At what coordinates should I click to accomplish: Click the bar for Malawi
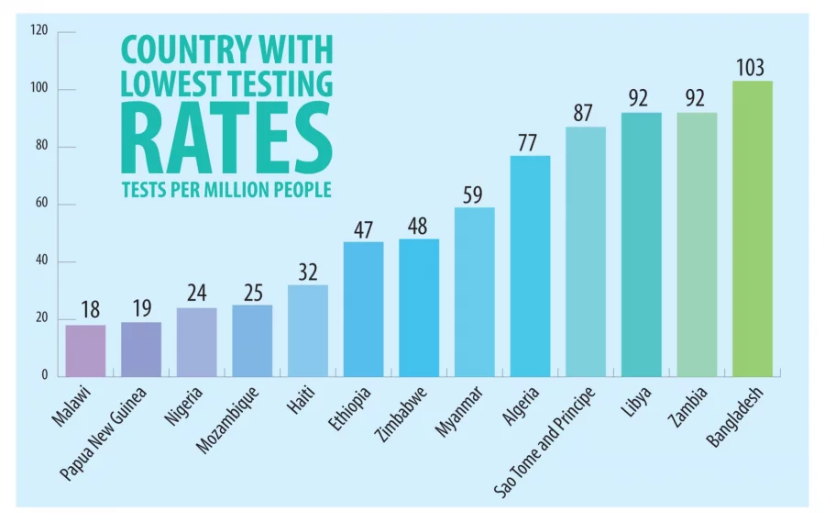[x=85, y=350]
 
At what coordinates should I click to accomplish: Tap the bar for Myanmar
[x=474, y=291]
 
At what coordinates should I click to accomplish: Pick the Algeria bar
[x=530, y=265]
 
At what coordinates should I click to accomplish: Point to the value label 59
[x=474, y=194]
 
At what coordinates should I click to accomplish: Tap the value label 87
[x=585, y=114]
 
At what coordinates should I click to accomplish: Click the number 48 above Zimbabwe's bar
[x=418, y=226]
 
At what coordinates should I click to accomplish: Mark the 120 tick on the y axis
[x=38, y=31]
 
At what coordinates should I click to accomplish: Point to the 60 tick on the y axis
[x=41, y=205]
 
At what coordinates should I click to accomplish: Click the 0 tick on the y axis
[x=44, y=375]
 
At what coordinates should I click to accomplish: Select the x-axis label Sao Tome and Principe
[x=546, y=440]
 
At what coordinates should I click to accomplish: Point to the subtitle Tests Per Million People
[x=226, y=190]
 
